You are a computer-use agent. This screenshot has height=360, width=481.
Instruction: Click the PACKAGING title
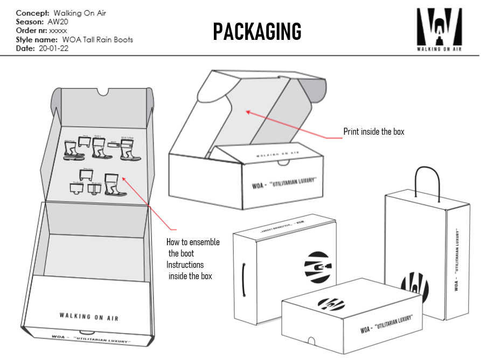(257, 32)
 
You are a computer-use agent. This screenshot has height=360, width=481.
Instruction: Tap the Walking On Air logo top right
(439, 27)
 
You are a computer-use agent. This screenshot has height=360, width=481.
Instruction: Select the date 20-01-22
(53, 48)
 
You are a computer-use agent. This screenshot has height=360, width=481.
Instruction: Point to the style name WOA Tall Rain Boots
(97, 39)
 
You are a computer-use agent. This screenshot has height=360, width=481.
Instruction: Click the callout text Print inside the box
(373, 131)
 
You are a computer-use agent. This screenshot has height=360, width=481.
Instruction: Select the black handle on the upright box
(245, 279)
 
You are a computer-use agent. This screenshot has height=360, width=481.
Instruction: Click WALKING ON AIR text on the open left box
(89, 316)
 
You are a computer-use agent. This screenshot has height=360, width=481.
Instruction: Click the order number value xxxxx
(58, 31)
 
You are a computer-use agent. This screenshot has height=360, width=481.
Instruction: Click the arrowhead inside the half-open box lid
(248, 112)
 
